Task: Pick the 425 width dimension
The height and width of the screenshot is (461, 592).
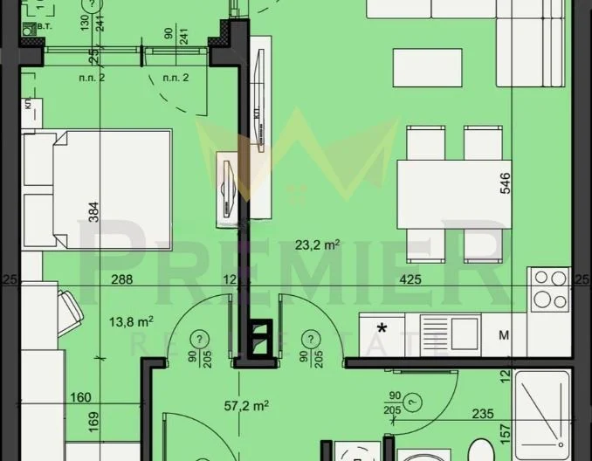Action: pos(410,280)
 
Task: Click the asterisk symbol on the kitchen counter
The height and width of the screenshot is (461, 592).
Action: pos(382,330)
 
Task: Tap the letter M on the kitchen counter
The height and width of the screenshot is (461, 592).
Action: pos(504,334)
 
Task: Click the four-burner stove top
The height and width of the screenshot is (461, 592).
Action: pos(549,290)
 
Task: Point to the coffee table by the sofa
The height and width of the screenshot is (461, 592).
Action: pos(427,65)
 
